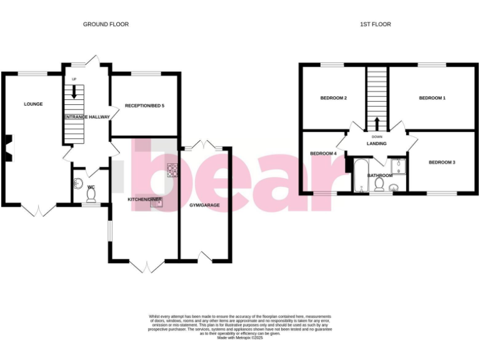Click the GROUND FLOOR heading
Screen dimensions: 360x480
106,24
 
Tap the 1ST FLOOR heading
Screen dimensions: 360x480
376,24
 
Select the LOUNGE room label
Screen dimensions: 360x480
33,104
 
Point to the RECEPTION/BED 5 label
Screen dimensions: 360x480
144,106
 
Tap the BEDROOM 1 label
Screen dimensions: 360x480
432,98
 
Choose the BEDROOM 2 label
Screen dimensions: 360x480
333,98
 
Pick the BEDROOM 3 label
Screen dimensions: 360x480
441,162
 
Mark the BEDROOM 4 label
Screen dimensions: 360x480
323,153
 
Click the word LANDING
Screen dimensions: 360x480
376,144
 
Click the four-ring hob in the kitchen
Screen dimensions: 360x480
172,170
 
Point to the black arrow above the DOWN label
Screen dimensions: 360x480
376,123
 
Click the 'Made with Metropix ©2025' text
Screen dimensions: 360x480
240,337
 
